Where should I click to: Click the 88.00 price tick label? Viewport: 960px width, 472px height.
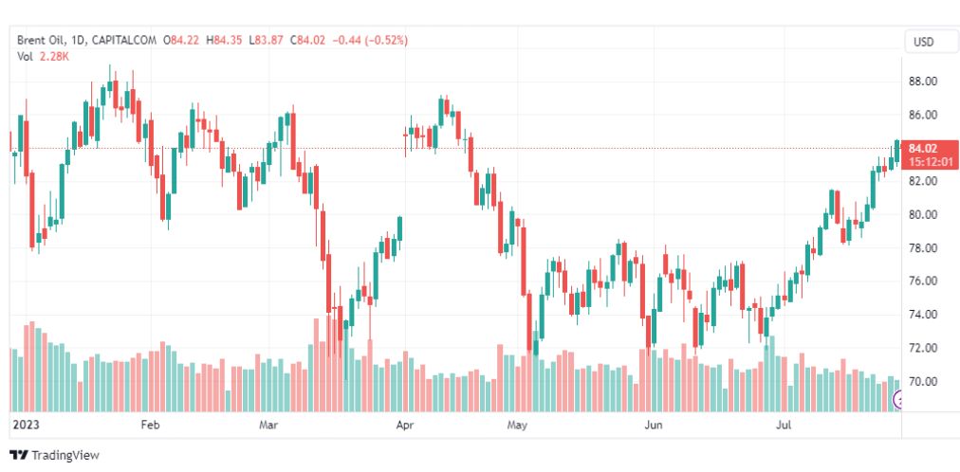924,82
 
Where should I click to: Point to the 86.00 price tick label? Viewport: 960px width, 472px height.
924,115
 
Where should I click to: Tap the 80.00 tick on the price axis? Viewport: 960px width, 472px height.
924,214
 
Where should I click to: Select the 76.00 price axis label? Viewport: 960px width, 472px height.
924,281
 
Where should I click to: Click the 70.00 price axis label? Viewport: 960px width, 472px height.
924,381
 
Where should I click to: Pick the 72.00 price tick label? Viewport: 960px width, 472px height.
924,348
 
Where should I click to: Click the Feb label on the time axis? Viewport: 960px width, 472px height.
150,425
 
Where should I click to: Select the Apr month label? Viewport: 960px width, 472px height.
405,425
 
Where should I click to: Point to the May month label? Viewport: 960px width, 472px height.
516,425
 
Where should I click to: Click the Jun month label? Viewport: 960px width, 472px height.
653,425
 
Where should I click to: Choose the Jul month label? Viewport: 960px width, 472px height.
785,425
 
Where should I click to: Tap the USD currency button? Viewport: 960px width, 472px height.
923,41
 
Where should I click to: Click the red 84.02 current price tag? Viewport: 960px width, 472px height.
923,148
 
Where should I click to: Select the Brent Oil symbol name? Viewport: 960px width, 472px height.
45,40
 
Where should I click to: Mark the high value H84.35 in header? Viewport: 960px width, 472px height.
227,40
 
